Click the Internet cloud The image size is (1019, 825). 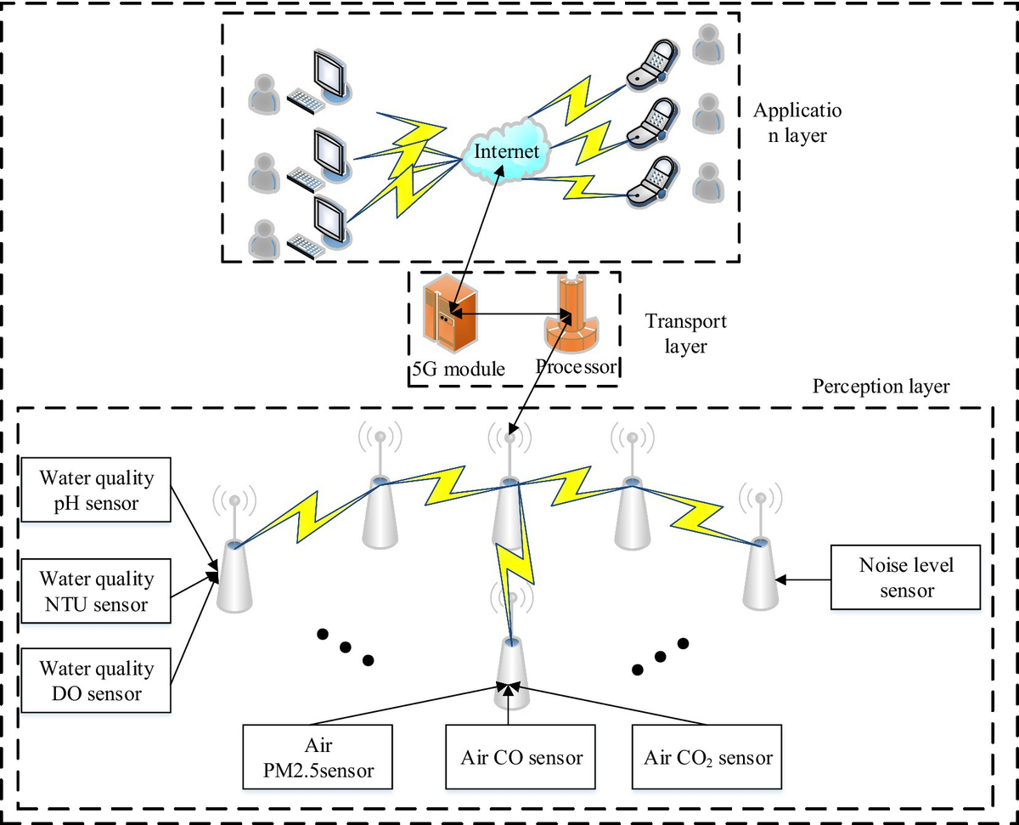(x=506, y=151)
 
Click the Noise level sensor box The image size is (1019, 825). (x=906, y=579)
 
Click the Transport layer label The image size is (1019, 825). (x=685, y=334)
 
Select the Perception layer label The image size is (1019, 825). (x=881, y=387)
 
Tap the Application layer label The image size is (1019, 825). (x=796, y=122)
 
